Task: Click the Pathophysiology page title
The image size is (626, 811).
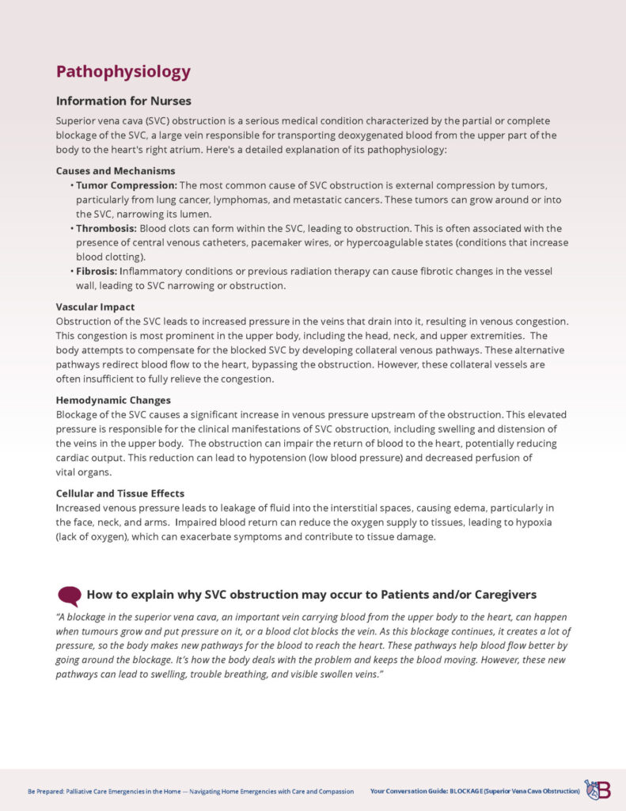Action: click(x=123, y=71)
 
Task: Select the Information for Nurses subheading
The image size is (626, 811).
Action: click(x=123, y=101)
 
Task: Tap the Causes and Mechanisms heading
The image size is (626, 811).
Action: click(x=116, y=170)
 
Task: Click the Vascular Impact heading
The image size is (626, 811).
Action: click(x=95, y=307)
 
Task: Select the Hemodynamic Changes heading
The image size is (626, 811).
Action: click(x=113, y=400)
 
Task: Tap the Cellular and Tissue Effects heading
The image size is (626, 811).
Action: click(x=120, y=493)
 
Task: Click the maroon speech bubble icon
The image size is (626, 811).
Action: click(x=69, y=596)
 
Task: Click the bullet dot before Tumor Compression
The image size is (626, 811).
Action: click(x=72, y=185)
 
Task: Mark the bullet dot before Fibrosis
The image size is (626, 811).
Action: click(x=72, y=272)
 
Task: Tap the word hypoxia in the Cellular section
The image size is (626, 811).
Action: click(x=530, y=523)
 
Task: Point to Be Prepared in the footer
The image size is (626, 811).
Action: click(x=44, y=790)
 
